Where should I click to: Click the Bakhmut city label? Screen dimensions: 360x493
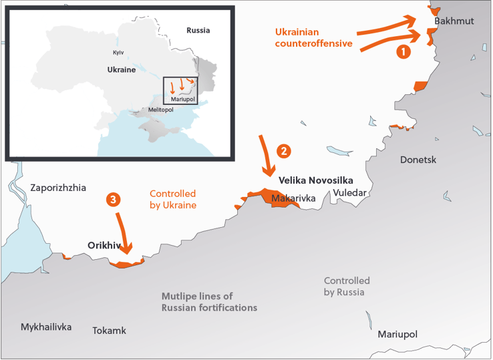point(454,21)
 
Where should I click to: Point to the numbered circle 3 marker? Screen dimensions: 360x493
point(114,199)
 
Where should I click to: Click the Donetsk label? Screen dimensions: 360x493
point(418,160)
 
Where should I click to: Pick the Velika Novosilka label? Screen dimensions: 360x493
point(315,180)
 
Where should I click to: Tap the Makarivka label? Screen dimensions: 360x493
point(293,198)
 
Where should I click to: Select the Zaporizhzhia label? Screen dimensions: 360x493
point(58,188)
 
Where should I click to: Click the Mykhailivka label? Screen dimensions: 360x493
point(46,327)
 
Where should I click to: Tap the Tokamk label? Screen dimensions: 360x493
point(109,331)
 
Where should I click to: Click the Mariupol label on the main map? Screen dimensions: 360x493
point(397,334)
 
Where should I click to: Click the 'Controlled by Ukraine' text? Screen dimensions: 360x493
point(173,200)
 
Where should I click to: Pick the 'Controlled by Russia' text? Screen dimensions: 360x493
point(347,287)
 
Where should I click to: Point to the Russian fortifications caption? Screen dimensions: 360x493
point(209,302)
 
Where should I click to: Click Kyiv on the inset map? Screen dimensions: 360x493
point(118,52)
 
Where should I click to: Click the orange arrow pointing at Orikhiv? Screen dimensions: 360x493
point(123,234)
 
